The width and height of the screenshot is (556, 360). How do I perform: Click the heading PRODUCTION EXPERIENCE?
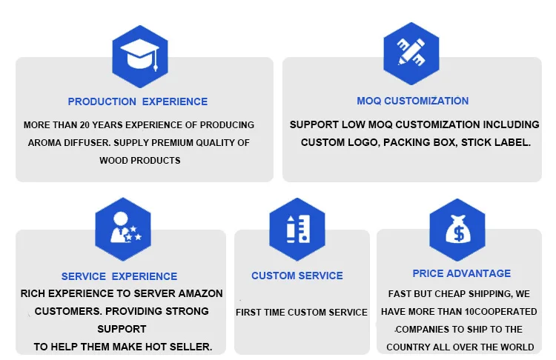click(138, 101)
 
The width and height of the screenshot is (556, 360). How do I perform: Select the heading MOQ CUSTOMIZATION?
click(413, 101)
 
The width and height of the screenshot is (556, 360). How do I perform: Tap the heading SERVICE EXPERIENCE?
click(119, 276)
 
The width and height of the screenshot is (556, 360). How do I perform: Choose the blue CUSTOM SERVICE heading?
click(297, 276)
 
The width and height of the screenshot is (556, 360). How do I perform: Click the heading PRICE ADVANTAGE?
click(462, 273)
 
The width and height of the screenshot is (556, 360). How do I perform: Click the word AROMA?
click(42, 142)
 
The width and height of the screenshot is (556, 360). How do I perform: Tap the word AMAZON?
click(199, 293)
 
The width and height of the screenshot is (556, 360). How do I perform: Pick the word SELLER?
click(191, 346)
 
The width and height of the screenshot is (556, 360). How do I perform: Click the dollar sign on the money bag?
click(457, 235)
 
